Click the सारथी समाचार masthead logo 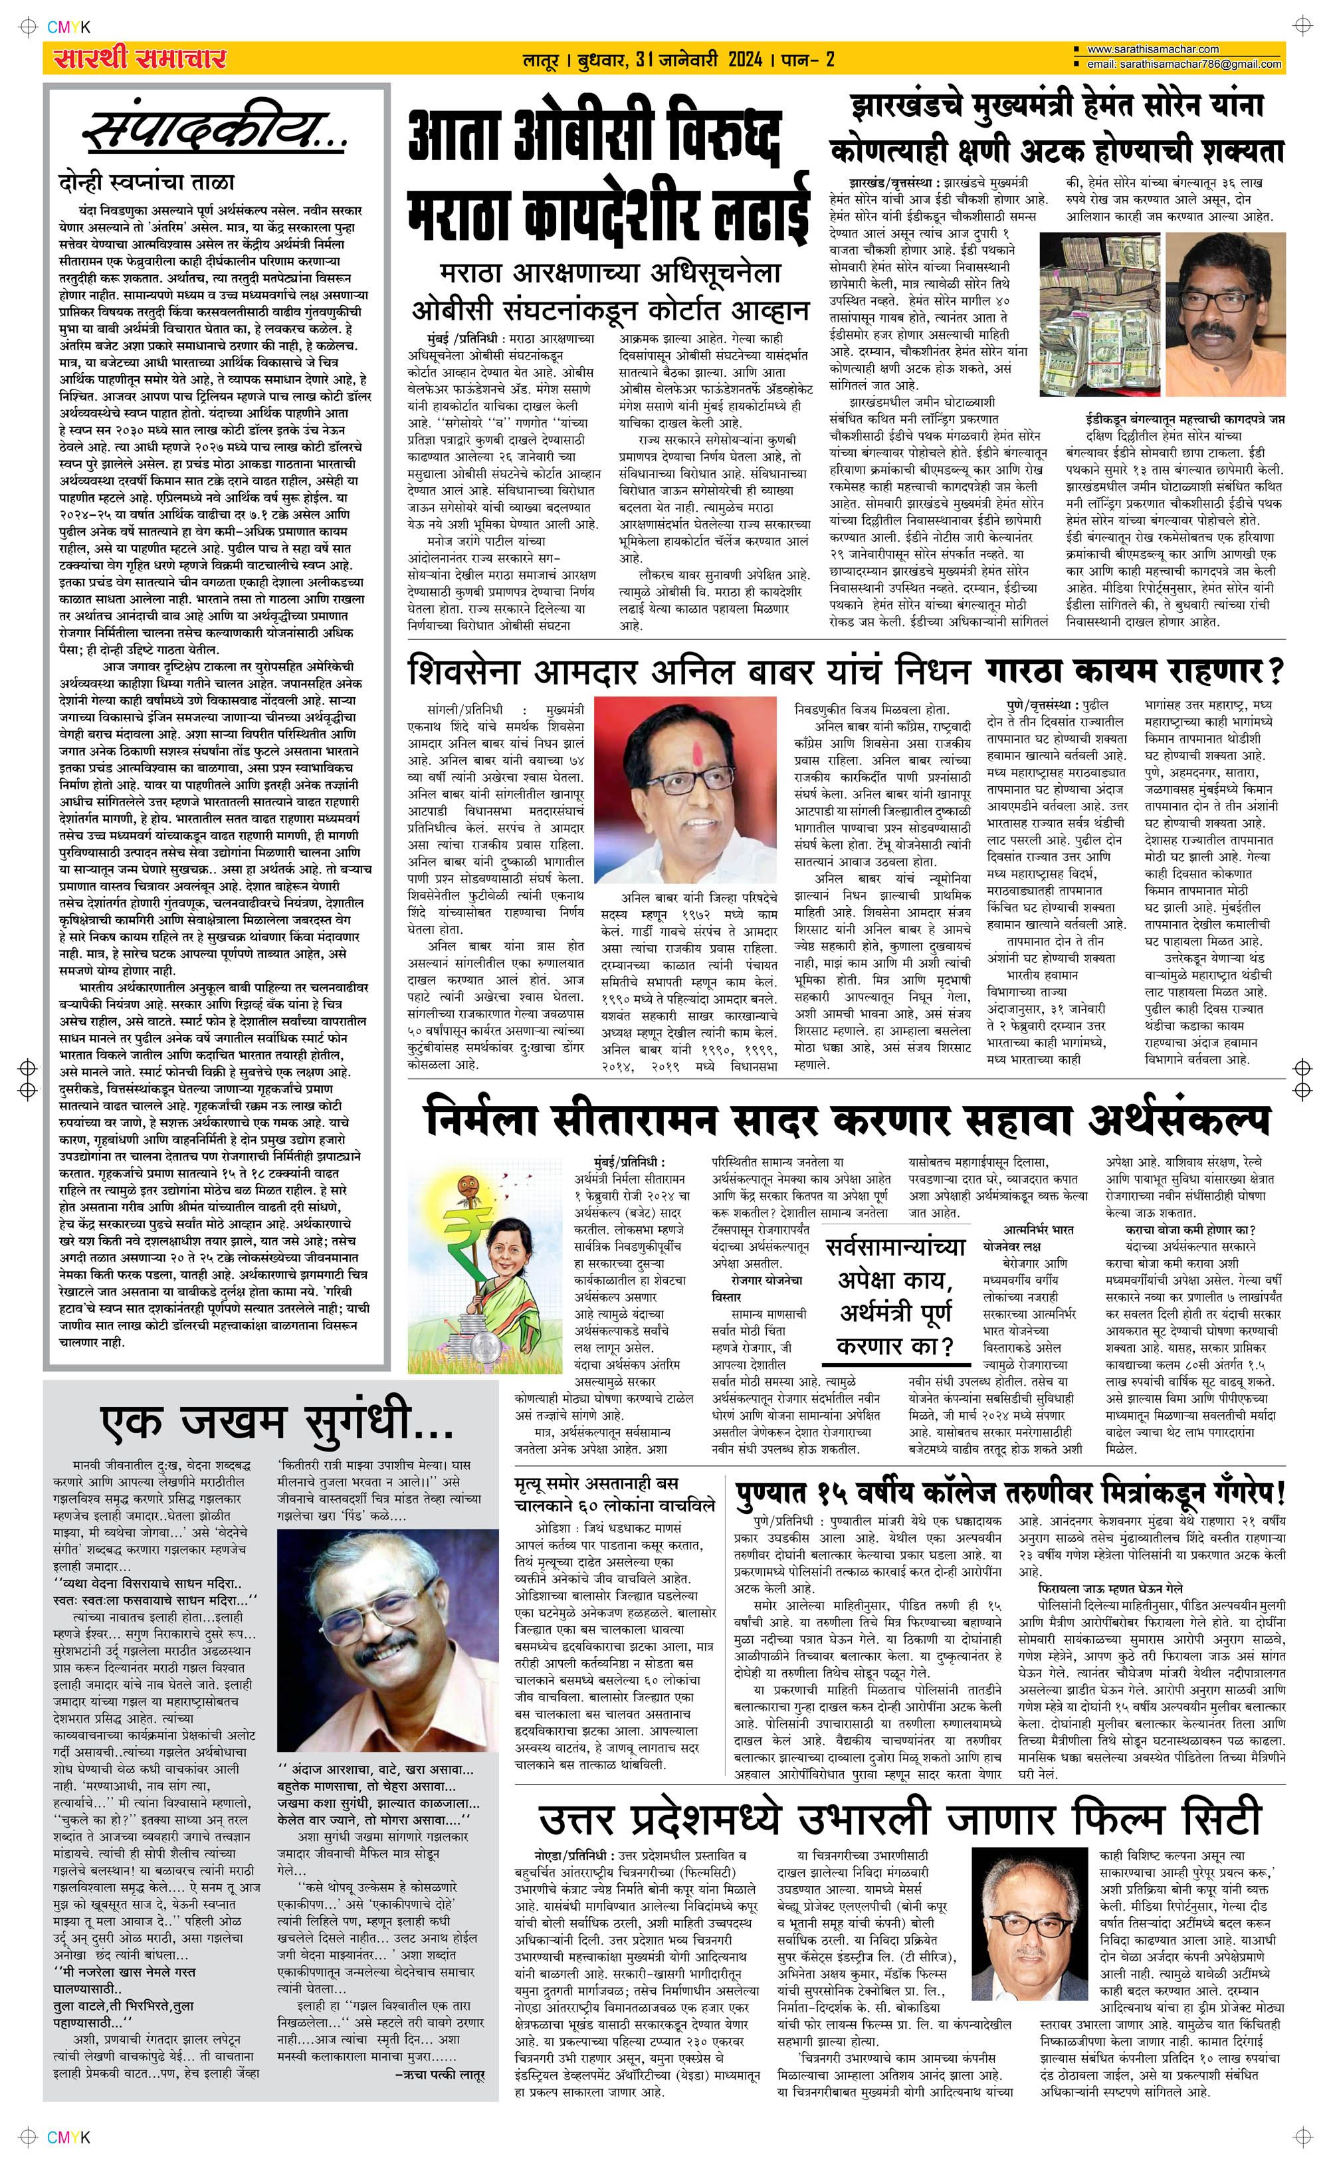[139, 59]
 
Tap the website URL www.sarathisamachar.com [1152, 49]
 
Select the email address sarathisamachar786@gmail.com [1183, 64]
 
